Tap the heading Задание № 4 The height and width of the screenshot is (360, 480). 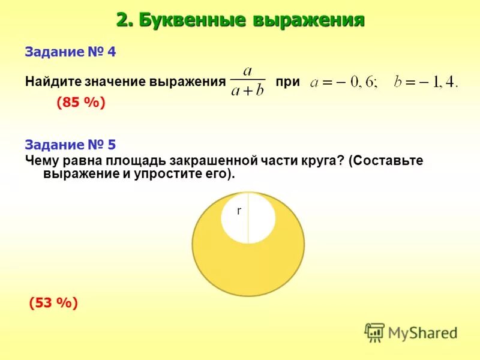tap(70, 52)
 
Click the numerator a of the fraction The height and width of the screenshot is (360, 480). tap(247, 71)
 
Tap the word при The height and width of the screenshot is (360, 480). tap(287, 82)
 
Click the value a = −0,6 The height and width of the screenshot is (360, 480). tap(344, 83)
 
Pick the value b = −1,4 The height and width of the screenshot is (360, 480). tap(425, 83)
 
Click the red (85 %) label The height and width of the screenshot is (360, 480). tap(81, 103)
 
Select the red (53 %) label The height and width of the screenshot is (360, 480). tap(53, 303)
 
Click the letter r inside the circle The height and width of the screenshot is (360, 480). tap(239, 211)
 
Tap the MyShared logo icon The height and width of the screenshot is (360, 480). tap(374, 332)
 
